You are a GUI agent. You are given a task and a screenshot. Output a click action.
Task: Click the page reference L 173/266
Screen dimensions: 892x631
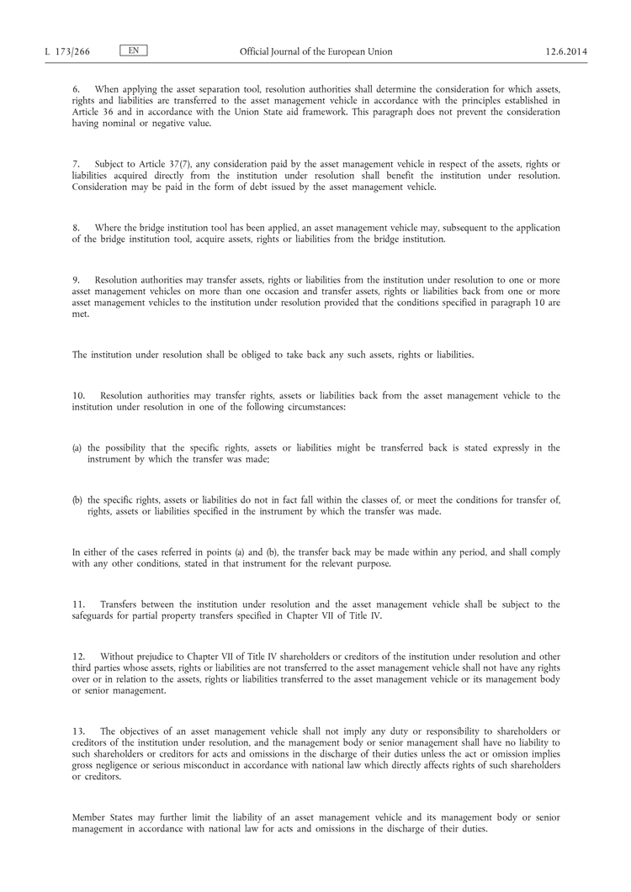tap(67, 51)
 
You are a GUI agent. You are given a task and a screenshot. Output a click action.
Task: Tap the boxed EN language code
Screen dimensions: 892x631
tap(135, 50)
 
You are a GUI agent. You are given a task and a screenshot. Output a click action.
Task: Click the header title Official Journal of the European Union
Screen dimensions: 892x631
tap(315, 51)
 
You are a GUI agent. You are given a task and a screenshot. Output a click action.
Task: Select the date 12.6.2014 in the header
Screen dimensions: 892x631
tap(565, 51)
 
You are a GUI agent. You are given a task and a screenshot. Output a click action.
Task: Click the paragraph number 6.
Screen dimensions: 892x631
tap(76, 89)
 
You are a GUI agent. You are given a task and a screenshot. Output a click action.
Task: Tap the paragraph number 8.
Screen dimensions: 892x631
tap(76, 228)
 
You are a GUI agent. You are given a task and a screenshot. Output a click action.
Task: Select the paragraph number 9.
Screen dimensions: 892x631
tap(76, 280)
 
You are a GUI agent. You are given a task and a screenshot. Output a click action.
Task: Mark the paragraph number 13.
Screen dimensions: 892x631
tap(79, 731)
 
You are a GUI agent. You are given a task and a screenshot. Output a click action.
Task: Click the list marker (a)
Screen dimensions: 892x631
tap(77, 448)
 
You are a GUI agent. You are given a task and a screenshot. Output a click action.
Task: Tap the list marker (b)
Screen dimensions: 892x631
tap(77, 500)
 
